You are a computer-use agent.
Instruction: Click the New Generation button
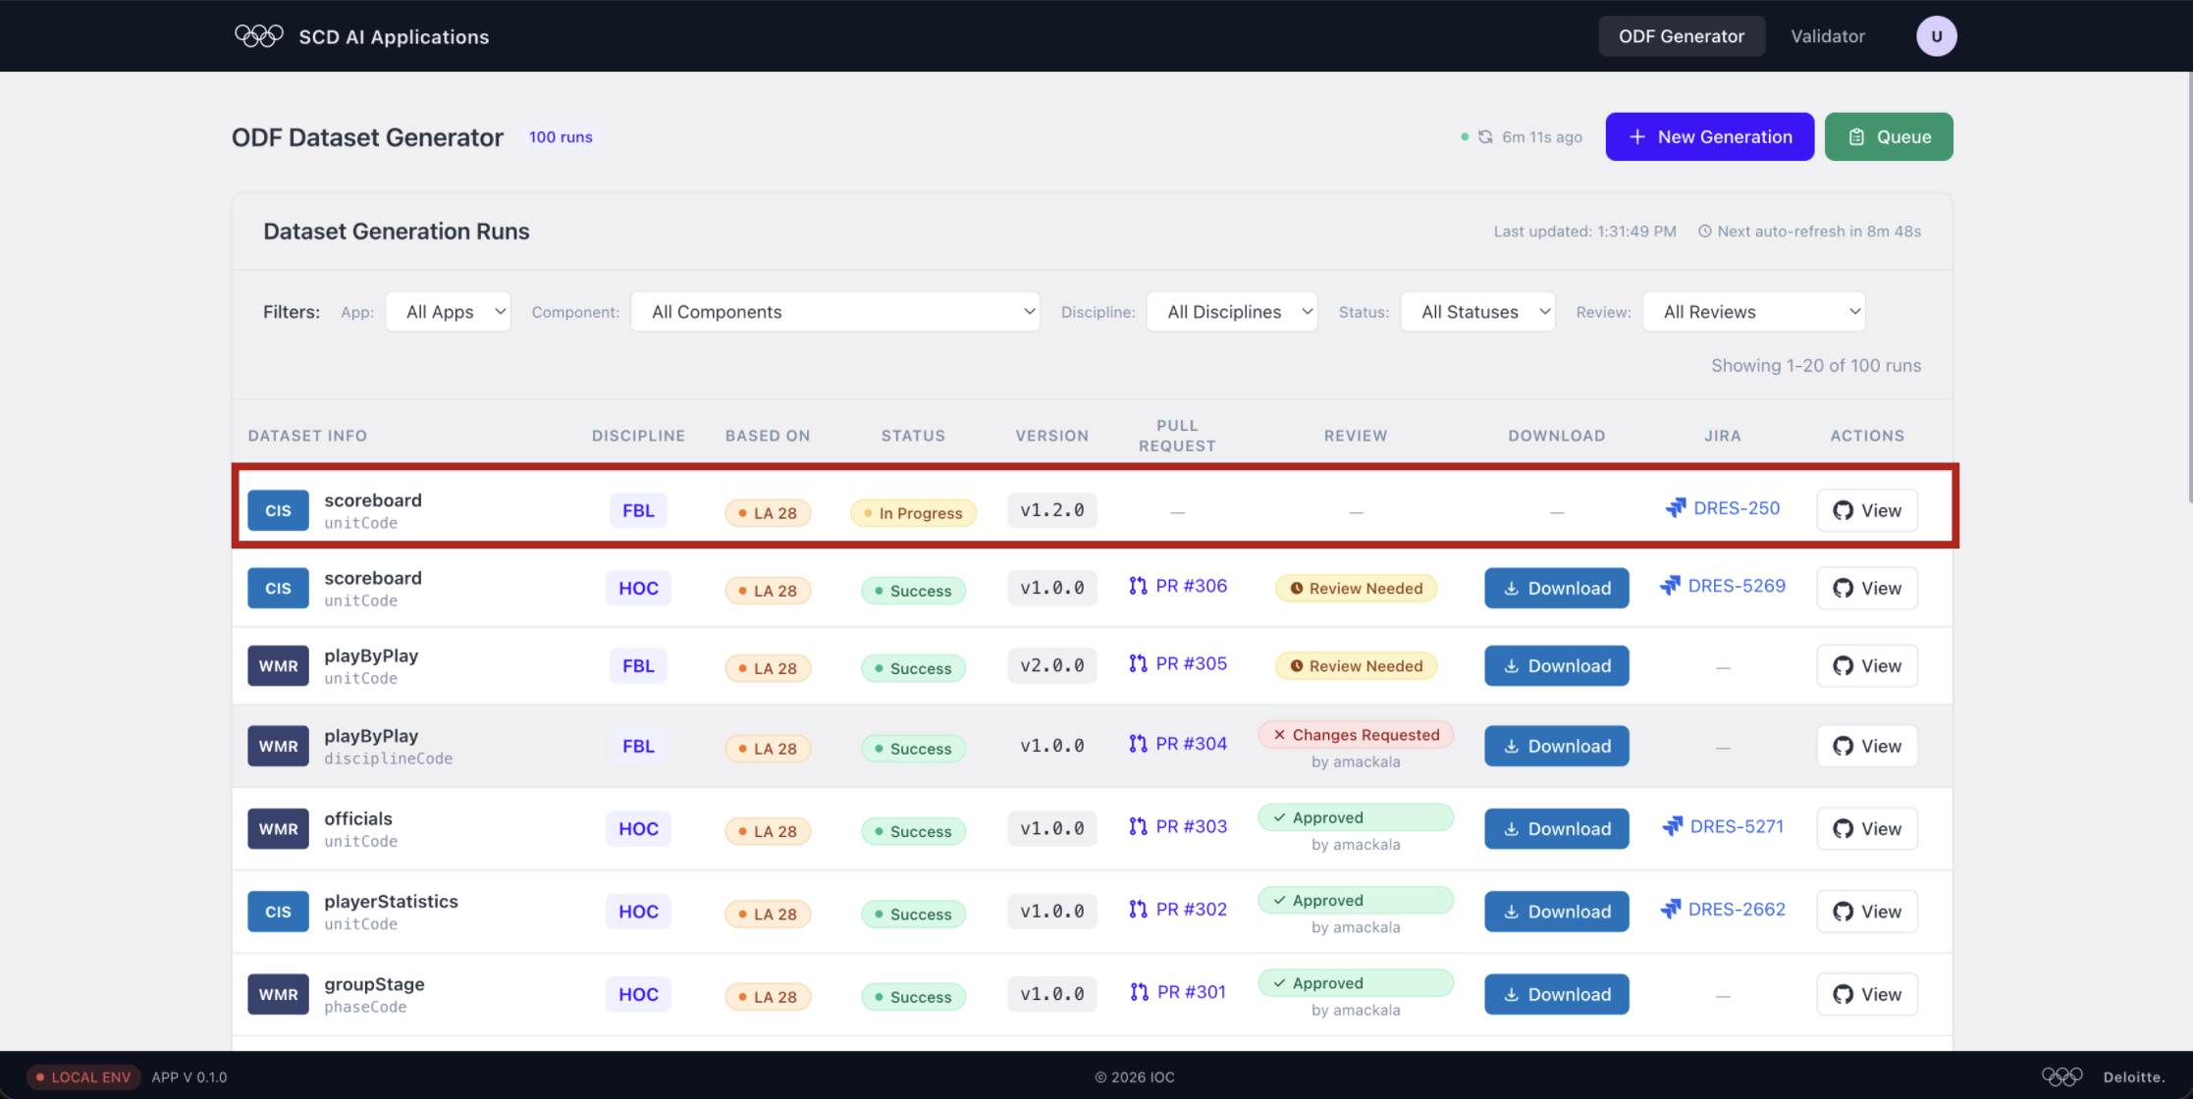(x=1709, y=136)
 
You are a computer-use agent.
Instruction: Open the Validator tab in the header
(x=1827, y=36)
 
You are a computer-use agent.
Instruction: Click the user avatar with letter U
(x=1936, y=36)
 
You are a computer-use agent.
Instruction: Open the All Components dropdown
(x=834, y=312)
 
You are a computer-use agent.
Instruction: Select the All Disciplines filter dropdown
(x=1231, y=312)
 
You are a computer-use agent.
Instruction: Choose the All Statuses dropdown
(x=1477, y=312)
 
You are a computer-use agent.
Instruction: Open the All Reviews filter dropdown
(x=1753, y=312)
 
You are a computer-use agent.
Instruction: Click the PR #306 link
(x=1178, y=586)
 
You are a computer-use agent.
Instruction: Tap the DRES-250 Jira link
(x=1723, y=508)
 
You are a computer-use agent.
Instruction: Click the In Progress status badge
(x=913, y=513)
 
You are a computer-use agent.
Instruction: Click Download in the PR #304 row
(x=1556, y=746)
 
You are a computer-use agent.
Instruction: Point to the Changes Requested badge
(x=1356, y=735)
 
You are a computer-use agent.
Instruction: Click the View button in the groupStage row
(x=1866, y=994)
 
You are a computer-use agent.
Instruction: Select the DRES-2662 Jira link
(x=1723, y=910)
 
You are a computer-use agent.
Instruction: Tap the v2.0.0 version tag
(x=1051, y=665)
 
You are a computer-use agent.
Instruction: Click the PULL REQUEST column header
(x=1177, y=436)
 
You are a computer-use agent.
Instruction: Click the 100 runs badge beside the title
(x=561, y=137)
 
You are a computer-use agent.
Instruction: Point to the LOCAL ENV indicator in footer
(x=83, y=1077)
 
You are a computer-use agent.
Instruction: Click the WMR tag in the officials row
(x=278, y=829)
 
